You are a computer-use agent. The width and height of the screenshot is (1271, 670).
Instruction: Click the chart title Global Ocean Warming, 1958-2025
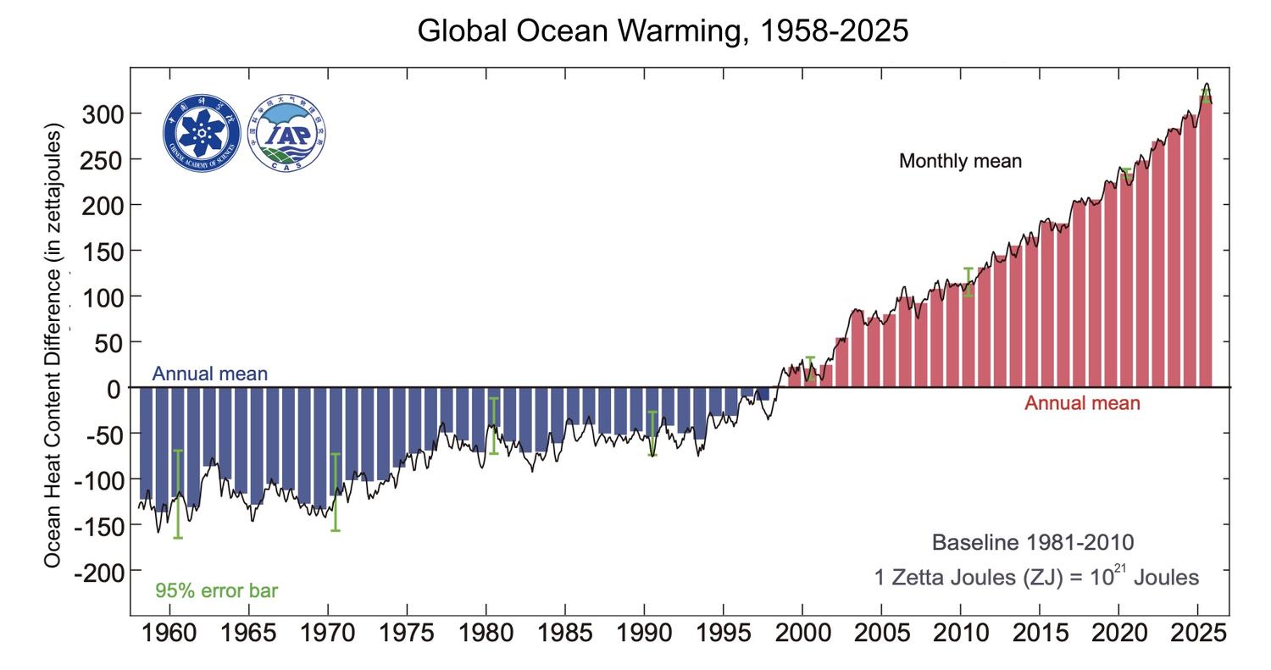[663, 31]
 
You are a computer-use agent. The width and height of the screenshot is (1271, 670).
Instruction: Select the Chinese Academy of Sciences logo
[202, 133]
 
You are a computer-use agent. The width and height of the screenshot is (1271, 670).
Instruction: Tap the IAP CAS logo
[286, 133]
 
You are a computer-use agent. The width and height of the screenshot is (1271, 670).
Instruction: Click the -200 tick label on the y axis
[99, 573]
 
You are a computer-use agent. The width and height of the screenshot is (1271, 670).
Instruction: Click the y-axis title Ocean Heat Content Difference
[53, 346]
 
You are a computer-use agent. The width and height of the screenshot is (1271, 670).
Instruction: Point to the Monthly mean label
[960, 161]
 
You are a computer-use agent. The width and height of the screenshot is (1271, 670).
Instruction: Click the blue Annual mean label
[210, 374]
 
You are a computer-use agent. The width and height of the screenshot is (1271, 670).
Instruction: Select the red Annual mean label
[1082, 403]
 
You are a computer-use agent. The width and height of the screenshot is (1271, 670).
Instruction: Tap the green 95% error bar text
[216, 590]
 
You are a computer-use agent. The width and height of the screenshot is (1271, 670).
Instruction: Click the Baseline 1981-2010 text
[1032, 543]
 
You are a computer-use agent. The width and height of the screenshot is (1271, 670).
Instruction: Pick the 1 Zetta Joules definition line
[1036, 578]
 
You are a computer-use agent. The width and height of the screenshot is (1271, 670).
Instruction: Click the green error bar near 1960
[178, 494]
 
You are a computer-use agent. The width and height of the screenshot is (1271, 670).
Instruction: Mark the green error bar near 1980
[493, 425]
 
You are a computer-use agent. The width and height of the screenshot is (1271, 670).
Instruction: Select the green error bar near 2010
[968, 281]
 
